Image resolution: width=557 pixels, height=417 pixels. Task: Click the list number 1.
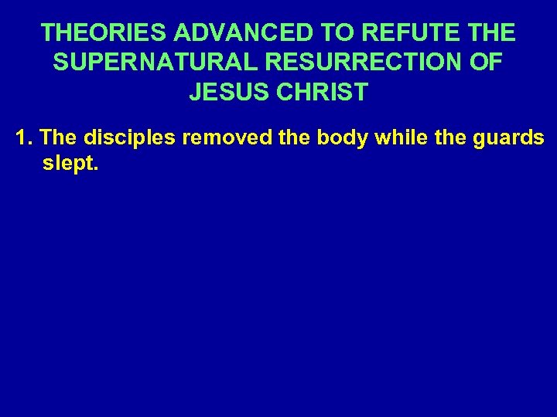[x=23, y=137]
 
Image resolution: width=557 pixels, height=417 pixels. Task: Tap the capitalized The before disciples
[x=58, y=137]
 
